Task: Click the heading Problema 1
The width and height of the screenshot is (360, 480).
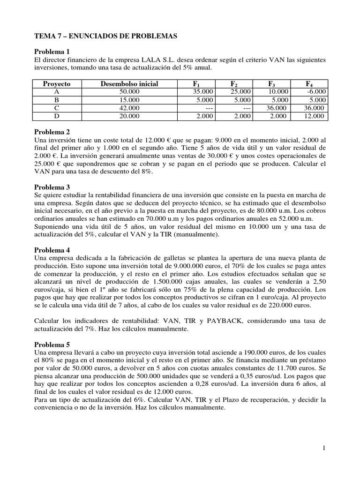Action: coord(52,52)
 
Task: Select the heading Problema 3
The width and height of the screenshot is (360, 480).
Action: coord(52,187)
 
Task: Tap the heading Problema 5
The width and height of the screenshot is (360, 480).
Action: coord(52,345)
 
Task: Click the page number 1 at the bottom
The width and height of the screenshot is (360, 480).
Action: coord(323,449)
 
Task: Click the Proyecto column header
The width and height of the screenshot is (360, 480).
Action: coord(56,84)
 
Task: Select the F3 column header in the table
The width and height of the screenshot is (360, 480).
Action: coord(271,84)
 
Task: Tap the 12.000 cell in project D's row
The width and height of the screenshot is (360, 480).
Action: coord(315,116)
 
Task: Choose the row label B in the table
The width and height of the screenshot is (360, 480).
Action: coord(56,100)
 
